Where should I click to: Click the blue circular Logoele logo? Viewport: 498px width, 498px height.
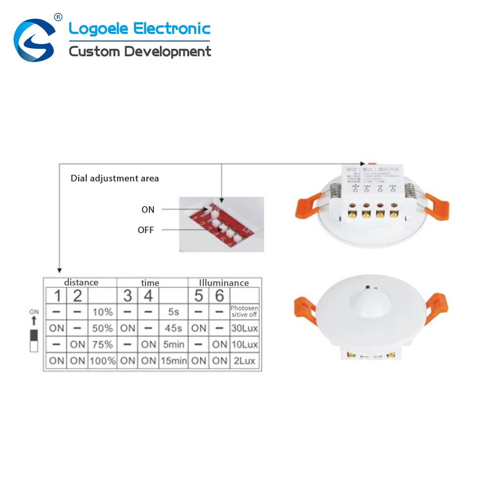(x=34, y=40)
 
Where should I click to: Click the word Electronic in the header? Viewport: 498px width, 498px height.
(x=171, y=28)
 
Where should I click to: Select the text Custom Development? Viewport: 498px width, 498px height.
(x=140, y=51)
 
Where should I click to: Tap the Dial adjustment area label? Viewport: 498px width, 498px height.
(x=115, y=178)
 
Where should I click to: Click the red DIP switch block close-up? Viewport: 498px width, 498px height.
(x=222, y=224)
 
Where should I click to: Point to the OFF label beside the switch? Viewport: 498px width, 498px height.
(x=146, y=230)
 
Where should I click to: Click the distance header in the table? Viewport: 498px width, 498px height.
(x=81, y=282)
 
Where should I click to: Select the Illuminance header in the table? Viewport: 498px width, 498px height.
(x=224, y=282)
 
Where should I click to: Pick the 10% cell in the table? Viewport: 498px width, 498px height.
(x=102, y=312)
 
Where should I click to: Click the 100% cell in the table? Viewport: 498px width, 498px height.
(x=102, y=361)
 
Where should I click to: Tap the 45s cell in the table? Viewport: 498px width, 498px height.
(x=173, y=329)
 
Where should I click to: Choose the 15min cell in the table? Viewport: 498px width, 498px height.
(x=173, y=361)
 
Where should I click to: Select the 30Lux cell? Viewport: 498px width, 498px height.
(x=245, y=329)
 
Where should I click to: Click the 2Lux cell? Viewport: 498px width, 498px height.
(x=245, y=361)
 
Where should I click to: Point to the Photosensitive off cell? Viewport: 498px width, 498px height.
(x=245, y=312)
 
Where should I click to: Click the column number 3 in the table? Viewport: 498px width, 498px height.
(x=127, y=296)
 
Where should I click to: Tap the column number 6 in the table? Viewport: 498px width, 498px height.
(x=219, y=296)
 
